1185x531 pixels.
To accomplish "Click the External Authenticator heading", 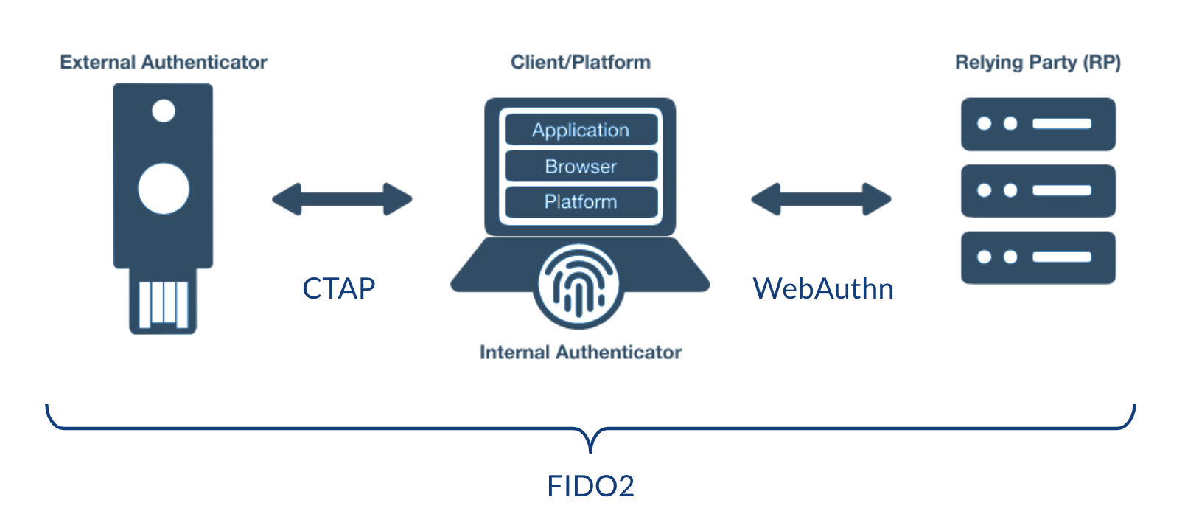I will point(164,63).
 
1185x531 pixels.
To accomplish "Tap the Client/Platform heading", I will point(581,63).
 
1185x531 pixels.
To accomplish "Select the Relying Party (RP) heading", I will point(1038,63).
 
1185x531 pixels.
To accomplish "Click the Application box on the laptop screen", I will point(581,131).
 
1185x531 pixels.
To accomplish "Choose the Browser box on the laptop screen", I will point(581,167).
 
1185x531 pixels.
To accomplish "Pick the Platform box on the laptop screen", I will point(581,202).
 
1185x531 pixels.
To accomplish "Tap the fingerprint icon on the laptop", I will point(578,286).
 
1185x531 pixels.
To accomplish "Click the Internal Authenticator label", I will point(581,353).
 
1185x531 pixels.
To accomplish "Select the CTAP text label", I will point(339,288).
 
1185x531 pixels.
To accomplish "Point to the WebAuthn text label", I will point(823,288).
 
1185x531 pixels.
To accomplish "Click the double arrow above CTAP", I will point(342,199).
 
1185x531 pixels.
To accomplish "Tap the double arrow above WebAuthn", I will point(821,199).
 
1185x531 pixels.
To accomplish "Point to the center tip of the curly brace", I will point(590,448).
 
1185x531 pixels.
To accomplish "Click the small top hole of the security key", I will point(164,111).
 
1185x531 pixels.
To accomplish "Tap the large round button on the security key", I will point(164,189).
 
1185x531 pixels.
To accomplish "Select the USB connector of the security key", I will point(164,302).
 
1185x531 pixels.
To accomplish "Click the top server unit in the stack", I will point(1038,124).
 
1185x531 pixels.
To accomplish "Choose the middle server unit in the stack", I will point(1038,190).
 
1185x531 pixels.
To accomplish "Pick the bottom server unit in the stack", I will point(1038,257).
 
